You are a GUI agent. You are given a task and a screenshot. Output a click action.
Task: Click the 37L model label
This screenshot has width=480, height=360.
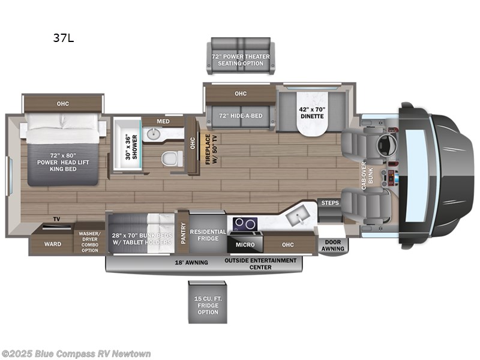pyautogui.click(x=64, y=39)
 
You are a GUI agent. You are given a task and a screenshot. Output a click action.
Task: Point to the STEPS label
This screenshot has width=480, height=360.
pyautogui.click(x=329, y=203)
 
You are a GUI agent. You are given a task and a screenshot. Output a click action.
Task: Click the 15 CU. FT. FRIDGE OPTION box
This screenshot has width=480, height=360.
pyautogui.click(x=206, y=304)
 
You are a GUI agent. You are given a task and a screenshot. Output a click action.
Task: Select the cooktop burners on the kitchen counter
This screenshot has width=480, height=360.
pyautogui.click(x=245, y=224)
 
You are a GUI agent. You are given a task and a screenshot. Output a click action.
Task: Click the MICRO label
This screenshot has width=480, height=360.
pyautogui.click(x=244, y=244)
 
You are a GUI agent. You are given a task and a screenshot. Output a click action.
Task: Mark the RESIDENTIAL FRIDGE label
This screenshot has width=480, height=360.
pyautogui.click(x=208, y=235)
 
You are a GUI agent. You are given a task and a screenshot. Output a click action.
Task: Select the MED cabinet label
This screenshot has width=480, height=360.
pyautogui.click(x=163, y=121)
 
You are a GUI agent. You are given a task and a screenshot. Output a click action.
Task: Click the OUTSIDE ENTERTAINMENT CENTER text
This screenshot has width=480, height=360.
pyautogui.click(x=260, y=263)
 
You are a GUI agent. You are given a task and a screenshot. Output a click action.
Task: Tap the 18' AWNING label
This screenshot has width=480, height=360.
pyautogui.click(x=192, y=263)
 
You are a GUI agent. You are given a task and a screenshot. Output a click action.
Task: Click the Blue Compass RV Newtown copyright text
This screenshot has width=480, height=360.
pyautogui.click(x=76, y=353)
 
